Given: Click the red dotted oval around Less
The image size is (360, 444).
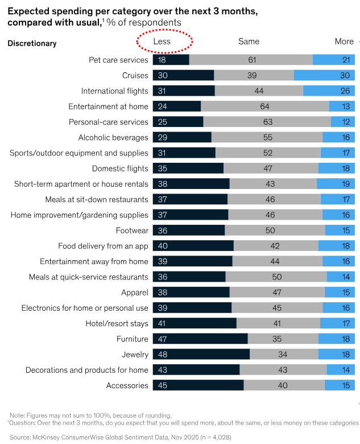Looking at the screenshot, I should pyautogui.click(x=164, y=42).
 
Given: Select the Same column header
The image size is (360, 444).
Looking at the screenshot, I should pyautogui.click(x=249, y=42).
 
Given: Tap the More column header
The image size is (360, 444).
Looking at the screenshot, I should pyautogui.click(x=344, y=42).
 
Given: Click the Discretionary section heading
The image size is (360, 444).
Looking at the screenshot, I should pyautogui.click(x=32, y=43).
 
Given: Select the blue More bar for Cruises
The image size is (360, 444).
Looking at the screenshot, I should pyautogui.click(x=324, y=75).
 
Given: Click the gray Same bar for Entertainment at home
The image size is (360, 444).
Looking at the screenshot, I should pyautogui.click(x=264, y=106).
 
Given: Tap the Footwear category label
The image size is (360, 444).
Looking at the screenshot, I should pyautogui.click(x=132, y=231).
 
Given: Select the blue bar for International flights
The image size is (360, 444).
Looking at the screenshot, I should pyautogui.click(x=329, y=91).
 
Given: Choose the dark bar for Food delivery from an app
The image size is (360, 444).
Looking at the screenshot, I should pyautogui.click(x=193, y=246).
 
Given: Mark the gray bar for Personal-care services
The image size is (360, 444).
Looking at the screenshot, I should pyautogui.click(x=267, y=122).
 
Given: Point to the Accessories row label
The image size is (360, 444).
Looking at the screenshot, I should pyautogui.click(x=127, y=385).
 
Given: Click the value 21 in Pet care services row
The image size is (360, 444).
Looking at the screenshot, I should pyautogui.click(x=346, y=60).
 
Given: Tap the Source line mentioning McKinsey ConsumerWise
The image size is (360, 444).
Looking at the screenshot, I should pyautogui.click(x=120, y=437).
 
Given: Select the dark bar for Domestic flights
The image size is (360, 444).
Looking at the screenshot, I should pyautogui.click(x=188, y=168).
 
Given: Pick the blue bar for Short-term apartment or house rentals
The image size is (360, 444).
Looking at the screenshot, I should pyautogui.click(x=336, y=184).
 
